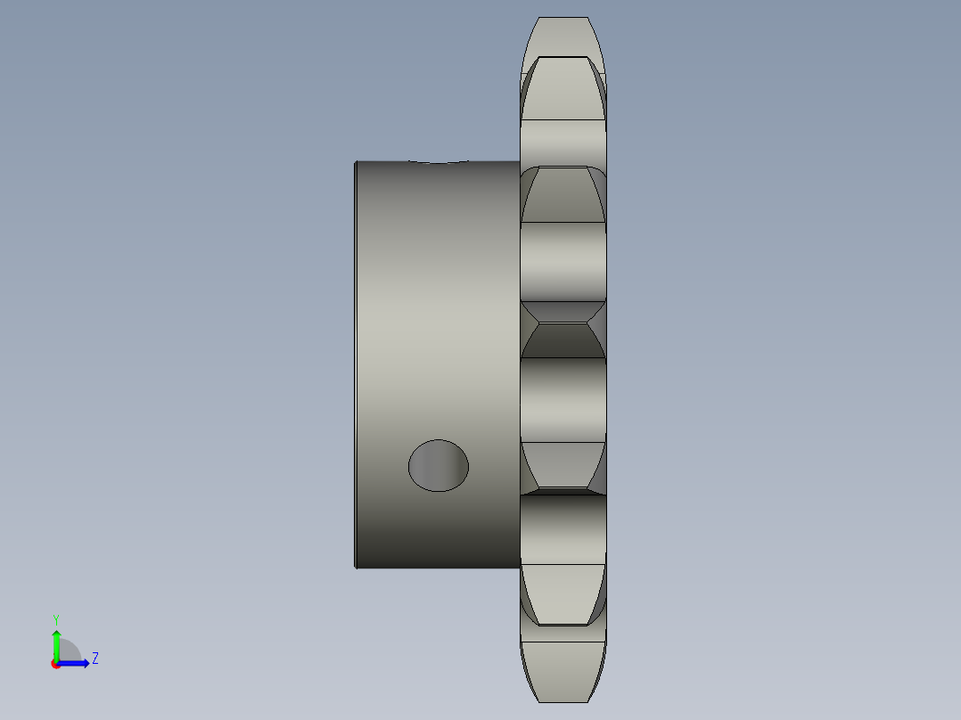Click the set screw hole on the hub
pyautogui.click(x=439, y=466)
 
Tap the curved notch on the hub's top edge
pyautogui.click(x=439, y=162)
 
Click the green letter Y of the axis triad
pyautogui.click(x=56, y=619)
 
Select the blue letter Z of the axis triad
pyautogui.click(x=95, y=659)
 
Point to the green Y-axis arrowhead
pyautogui.click(x=56, y=634)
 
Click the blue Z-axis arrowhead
pyautogui.click(x=86, y=664)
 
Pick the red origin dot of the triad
pyautogui.click(x=55, y=665)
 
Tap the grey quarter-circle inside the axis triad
pyautogui.click(x=69, y=651)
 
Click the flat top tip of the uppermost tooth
pyautogui.click(x=563, y=18)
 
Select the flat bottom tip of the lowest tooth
pyautogui.click(x=563, y=701)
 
